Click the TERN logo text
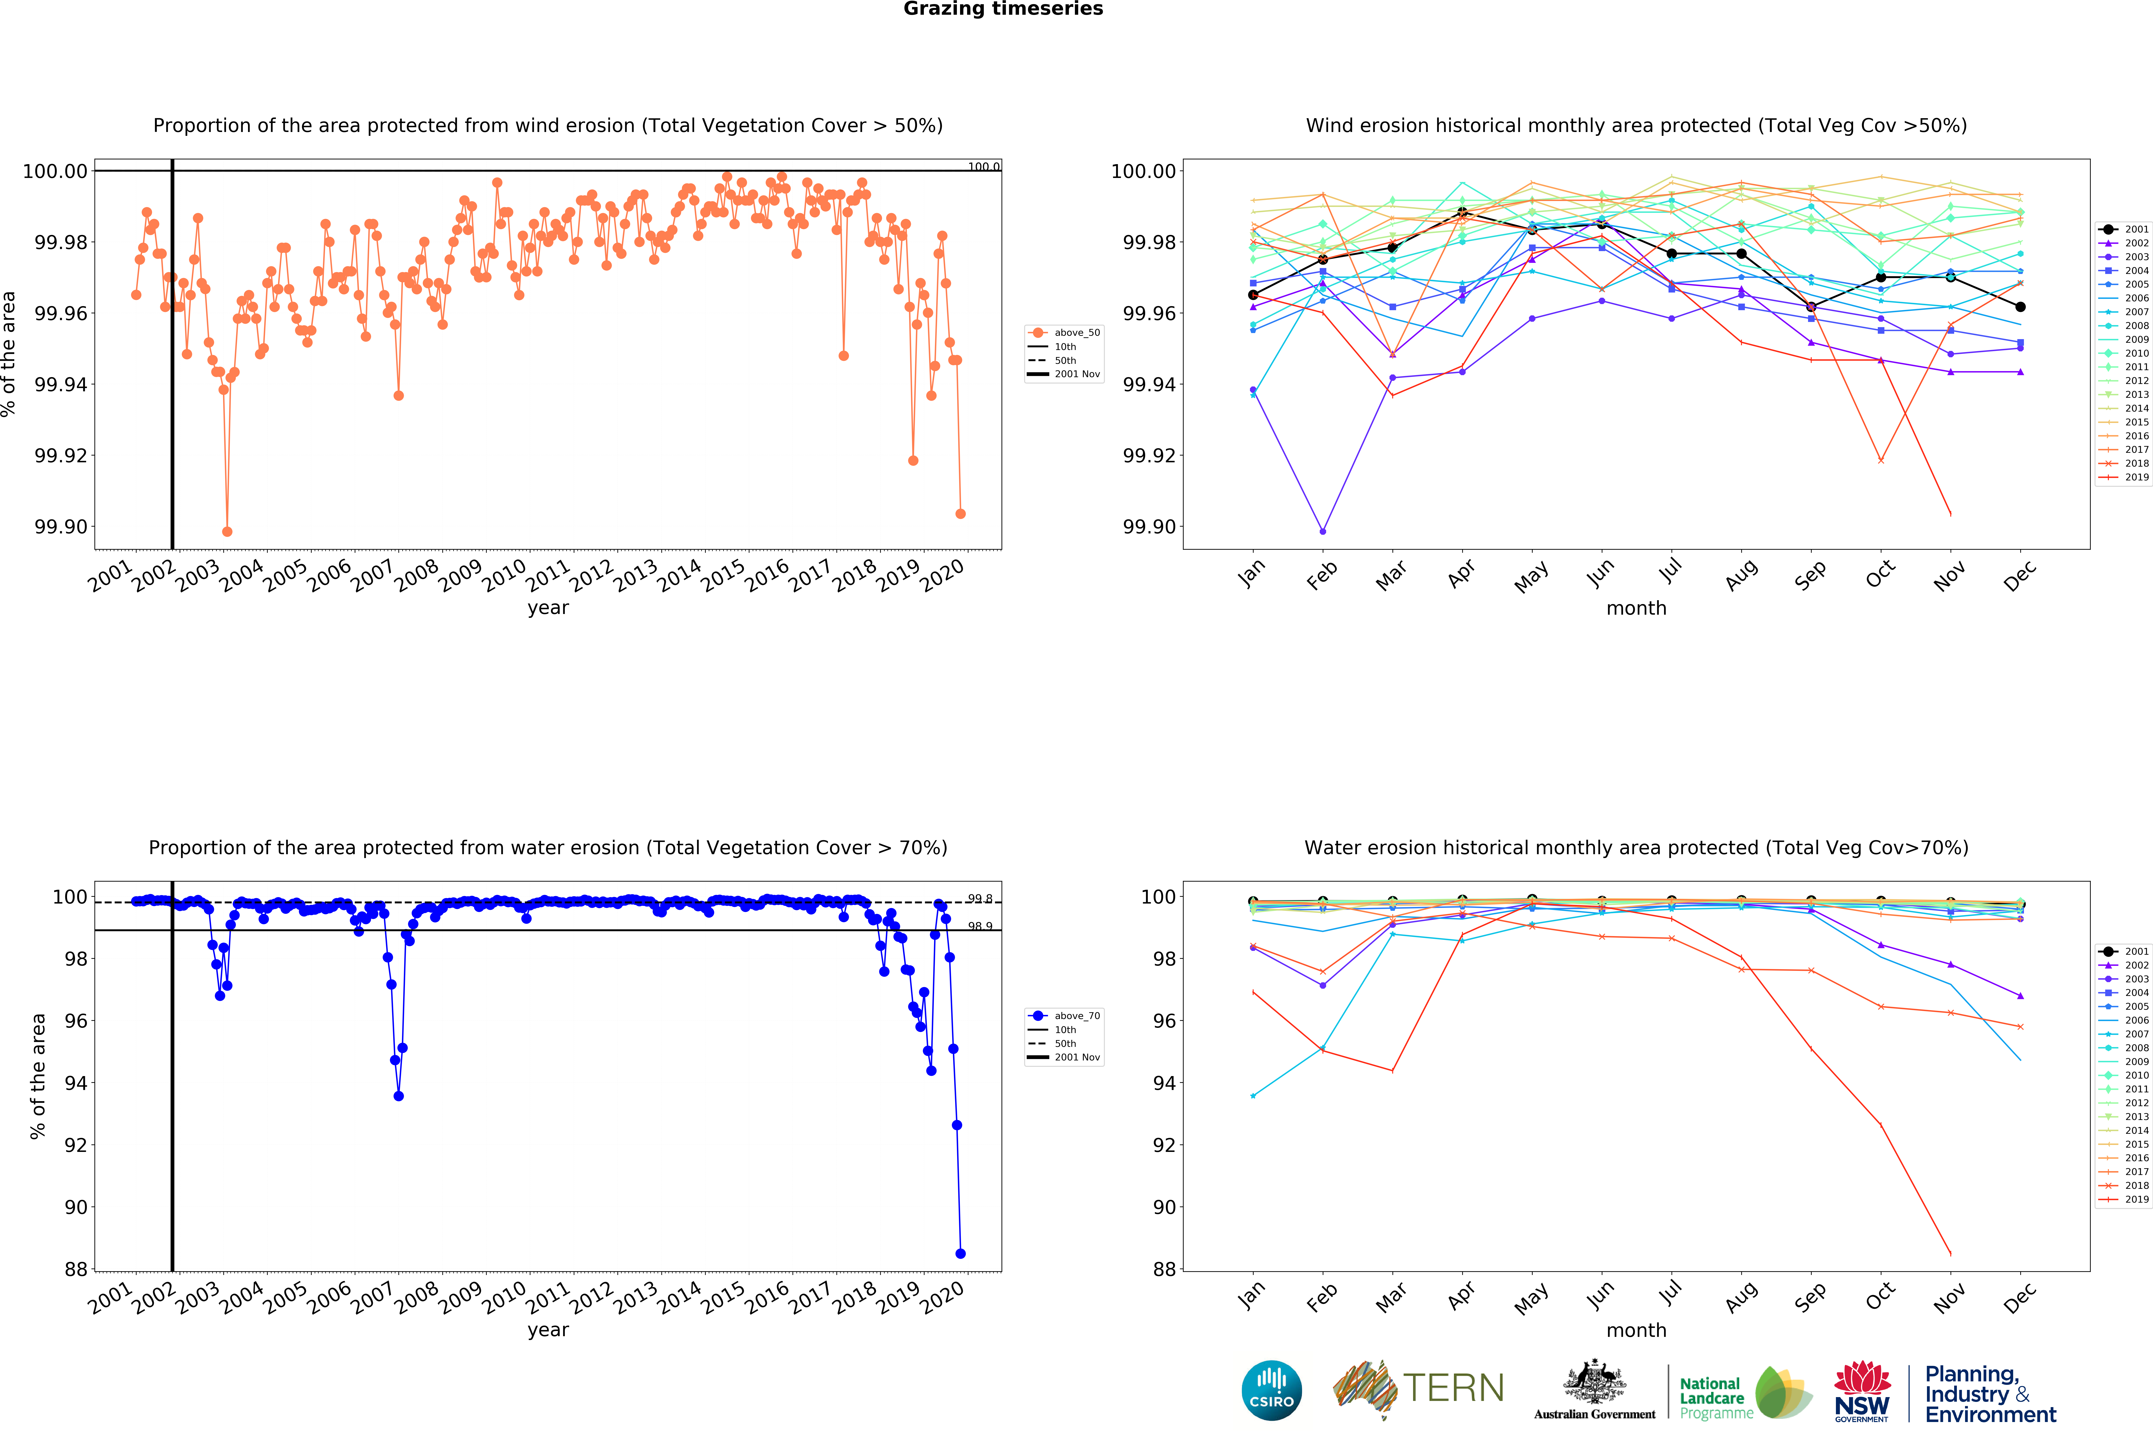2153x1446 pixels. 1453,1388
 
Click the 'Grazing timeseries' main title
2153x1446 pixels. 1003,9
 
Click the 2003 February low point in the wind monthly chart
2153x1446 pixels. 1323,531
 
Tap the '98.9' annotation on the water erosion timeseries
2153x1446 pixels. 980,926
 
